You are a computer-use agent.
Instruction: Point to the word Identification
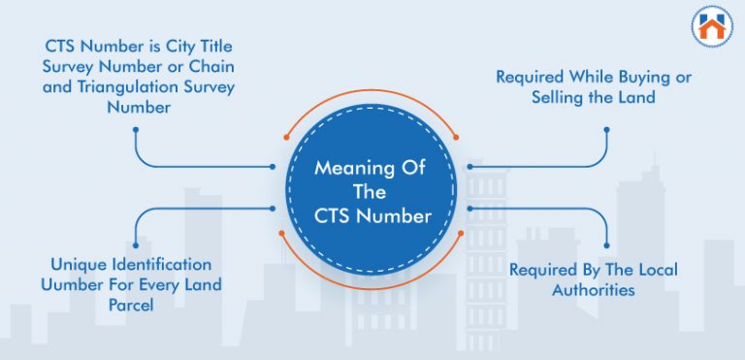tap(159, 264)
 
